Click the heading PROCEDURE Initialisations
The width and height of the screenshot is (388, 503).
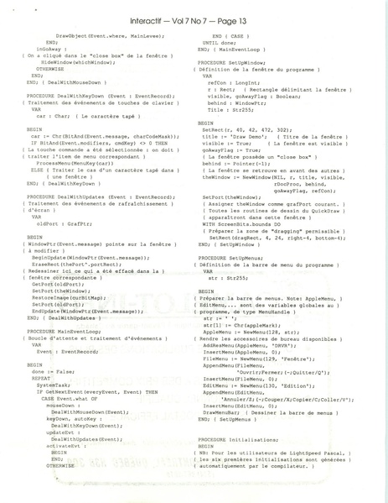click(x=239, y=440)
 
